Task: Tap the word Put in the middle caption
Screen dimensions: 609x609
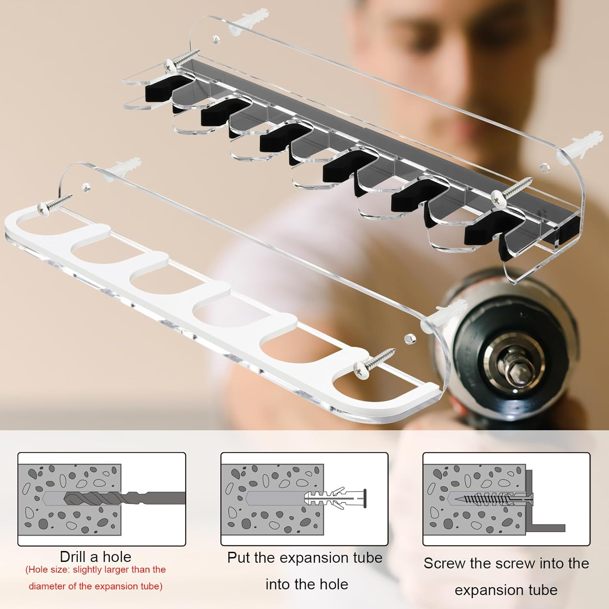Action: (x=239, y=557)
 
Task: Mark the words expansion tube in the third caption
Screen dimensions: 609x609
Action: (x=506, y=590)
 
